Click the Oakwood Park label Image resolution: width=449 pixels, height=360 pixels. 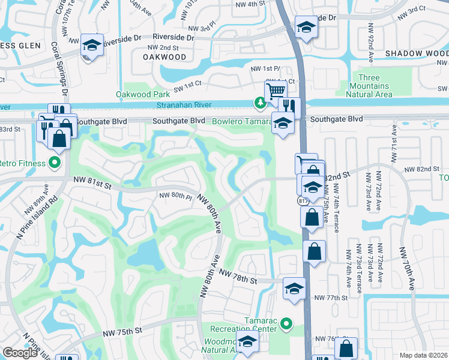pyautogui.click(x=142, y=94)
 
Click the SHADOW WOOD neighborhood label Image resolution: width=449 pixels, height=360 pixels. pyautogui.click(x=417, y=53)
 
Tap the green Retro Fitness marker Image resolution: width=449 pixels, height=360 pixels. pyautogui.click(x=54, y=163)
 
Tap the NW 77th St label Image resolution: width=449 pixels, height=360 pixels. pyautogui.click(x=331, y=298)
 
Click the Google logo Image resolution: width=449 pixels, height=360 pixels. pyautogui.click(x=20, y=353)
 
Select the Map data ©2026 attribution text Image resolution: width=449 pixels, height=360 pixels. pyautogui.click(x=424, y=355)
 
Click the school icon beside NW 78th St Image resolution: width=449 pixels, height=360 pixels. pyautogui.click(x=294, y=289)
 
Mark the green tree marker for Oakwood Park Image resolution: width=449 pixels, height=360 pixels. pyautogui.click(x=260, y=104)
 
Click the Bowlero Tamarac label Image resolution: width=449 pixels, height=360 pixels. pyautogui.click(x=243, y=121)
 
